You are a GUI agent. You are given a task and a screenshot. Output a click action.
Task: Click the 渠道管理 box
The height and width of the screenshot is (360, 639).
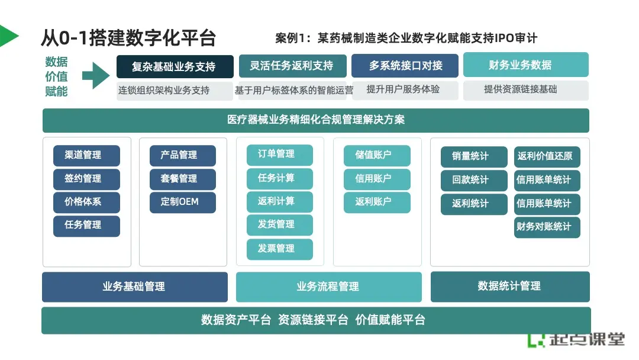[x=86, y=155]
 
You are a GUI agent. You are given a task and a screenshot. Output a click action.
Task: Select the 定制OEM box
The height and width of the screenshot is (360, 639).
[x=183, y=202]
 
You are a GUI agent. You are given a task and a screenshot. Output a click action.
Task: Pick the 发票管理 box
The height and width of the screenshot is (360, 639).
[x=279, y=249]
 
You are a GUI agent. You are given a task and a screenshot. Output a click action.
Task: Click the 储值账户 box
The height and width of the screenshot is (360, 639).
[x=377, y=155]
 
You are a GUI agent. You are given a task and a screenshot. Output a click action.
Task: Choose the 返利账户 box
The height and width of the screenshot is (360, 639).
[x=377, y=202]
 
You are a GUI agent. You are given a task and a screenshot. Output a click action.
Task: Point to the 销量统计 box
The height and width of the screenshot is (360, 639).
[x=474, y=156]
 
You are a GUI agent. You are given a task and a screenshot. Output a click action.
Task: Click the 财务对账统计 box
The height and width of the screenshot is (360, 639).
[x=547, y=227]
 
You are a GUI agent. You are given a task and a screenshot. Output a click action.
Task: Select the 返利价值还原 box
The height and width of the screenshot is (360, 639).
[x=547, y=156]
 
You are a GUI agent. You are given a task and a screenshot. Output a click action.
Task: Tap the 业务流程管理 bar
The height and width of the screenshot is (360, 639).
[x=328, y=287]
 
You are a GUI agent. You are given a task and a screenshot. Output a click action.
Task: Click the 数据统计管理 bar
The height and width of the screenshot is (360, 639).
[x=510, y=287]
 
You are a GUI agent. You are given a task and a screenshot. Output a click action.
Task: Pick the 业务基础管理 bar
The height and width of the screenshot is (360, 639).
[x=134, y=287]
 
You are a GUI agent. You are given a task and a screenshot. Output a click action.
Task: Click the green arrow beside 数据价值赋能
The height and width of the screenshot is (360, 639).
[x=95, y=75]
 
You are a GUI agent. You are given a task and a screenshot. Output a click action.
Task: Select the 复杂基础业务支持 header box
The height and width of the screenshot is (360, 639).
[x=175, y=66]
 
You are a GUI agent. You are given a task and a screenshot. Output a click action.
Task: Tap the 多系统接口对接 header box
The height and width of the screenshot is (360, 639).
[x=405, y=66]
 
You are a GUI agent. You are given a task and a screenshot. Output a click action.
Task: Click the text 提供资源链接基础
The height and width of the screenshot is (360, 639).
[x=521, y=89]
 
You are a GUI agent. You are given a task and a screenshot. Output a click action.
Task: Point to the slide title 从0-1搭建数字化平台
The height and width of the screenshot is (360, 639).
[x=128, y=38]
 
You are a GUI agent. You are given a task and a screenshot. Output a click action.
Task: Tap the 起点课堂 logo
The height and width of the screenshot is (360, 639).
[x=576, y=339]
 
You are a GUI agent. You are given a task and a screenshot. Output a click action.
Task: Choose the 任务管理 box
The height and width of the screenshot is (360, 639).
[x=86, y=226]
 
